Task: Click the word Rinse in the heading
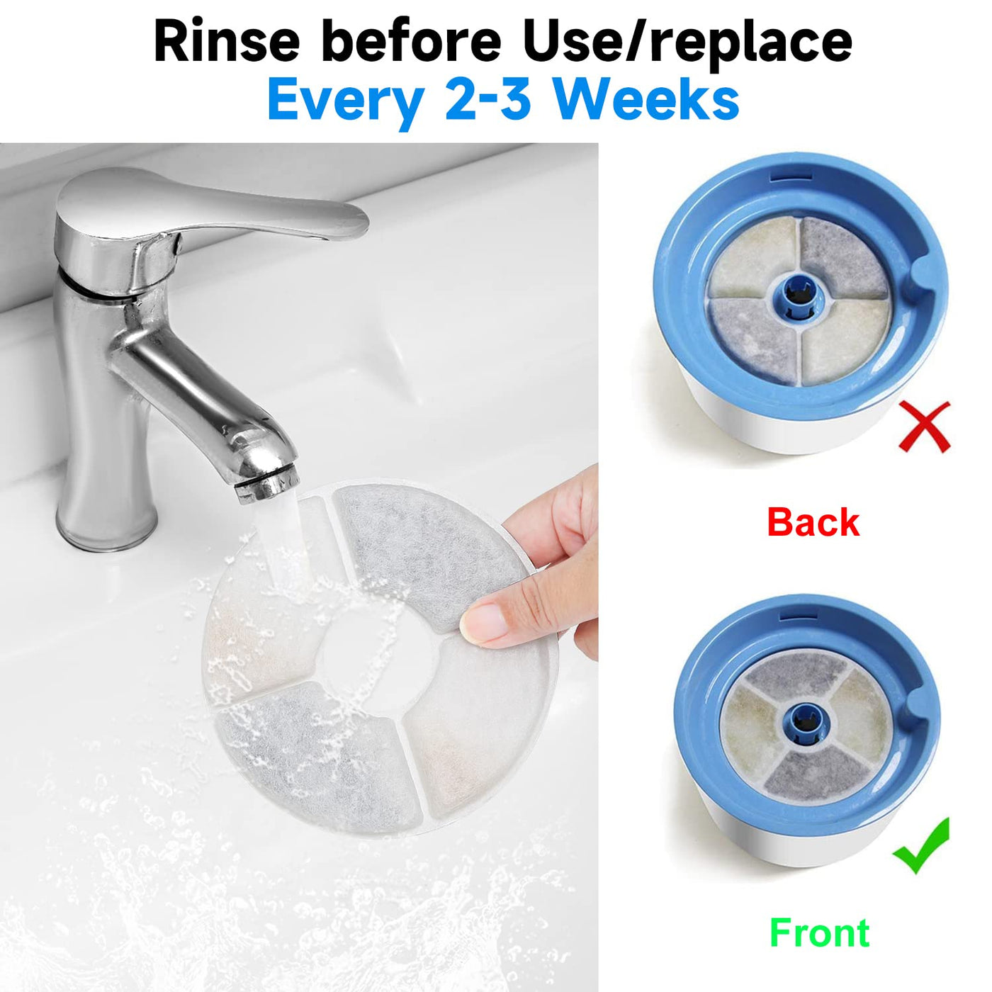click(x=227, y=43)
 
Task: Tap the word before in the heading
click(x=414, y=43)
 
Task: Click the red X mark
click(x=925, y=427)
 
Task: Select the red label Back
click(x=813, y=522)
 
